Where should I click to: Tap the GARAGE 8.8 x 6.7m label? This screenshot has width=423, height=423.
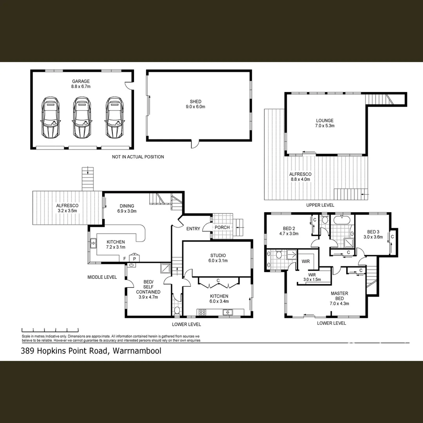click(x=80, y=84)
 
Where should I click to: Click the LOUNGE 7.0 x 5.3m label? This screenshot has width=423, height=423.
click(x=325, y=123)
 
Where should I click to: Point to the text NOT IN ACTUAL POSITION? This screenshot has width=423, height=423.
click(x=137, y=157)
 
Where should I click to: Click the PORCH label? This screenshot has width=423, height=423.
click(x=222, y=228)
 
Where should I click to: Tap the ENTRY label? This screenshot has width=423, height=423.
click(x=193, y=229)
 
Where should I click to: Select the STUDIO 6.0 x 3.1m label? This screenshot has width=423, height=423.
click(x=218, y=258)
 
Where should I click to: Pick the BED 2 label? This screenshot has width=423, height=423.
click(x=289, y=231)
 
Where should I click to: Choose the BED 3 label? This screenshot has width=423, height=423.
click(x=373, y=234)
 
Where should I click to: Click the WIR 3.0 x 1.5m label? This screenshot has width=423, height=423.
click(x=312, y=277)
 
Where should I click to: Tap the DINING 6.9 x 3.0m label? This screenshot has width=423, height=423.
click(x=126, y=208)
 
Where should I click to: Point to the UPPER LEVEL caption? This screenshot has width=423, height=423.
click(x=320, y=205)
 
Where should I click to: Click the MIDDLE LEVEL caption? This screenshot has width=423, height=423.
click(x=102, y=277)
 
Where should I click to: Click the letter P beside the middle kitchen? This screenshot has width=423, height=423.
click(x=134, y=258)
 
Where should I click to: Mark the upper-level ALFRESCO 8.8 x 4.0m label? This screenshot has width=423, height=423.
click(x=300, y=177)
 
